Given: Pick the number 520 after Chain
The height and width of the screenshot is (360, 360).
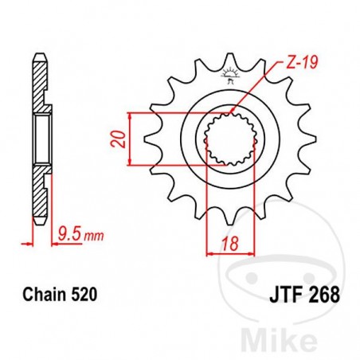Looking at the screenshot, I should pyautogui.click(x=85, y=294).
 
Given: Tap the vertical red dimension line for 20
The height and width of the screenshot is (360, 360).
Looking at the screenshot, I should pyautogui.click(x=129, y=142).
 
